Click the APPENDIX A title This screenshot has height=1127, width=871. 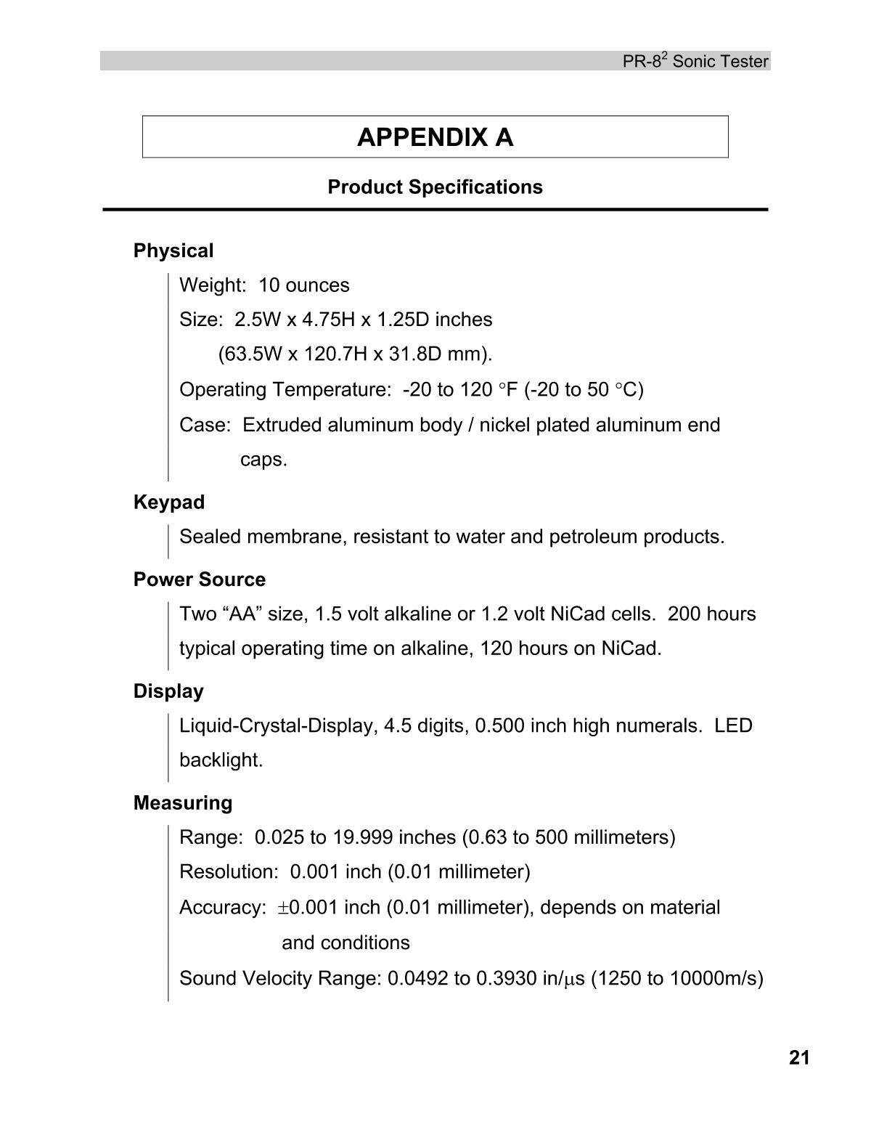click(x=435, y=137)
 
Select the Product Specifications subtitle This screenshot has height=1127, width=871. click(x=435, y=187)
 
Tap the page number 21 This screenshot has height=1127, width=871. click(x=798, y=1058)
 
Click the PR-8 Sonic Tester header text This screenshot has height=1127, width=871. click(x=695, y=62)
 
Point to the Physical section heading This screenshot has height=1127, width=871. click(x=173, y=251)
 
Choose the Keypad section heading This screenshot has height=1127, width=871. click(x=169, y=503)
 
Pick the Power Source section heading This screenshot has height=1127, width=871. click(x=200, y=579)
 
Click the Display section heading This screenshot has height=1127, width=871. click(x=168, y=691)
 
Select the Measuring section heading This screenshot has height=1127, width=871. click(x=183, y=803)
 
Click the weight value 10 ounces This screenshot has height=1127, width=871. click(x=303, y=285)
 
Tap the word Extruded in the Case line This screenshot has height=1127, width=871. click(x=282, y=425)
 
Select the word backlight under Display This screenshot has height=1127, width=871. click(x=221, y=760)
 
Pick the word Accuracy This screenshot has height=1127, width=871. click(x=222, y=908)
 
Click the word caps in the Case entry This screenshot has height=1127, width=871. click(x=263, y=460)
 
